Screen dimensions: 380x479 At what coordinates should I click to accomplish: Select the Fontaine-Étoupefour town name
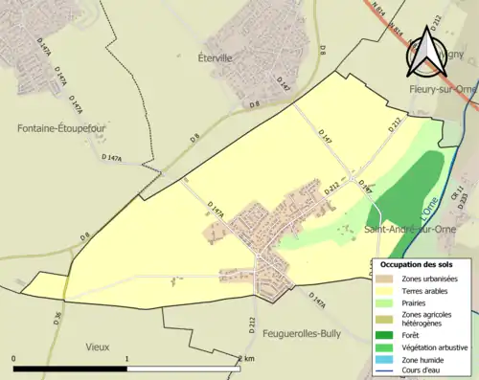click(x=61, y=126)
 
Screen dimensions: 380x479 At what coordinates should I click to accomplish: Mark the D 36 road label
click(x=56, y=319)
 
